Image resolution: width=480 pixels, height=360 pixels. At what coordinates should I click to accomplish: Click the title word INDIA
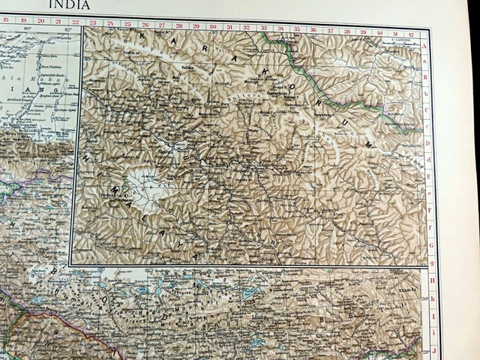(x=70, y=5)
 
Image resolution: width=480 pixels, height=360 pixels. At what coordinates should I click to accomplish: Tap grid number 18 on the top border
(x=6, y=22)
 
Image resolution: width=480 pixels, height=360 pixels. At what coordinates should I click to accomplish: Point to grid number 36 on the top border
(x=312, y=30)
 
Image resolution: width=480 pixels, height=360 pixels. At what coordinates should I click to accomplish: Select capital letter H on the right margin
(x=433, y=278)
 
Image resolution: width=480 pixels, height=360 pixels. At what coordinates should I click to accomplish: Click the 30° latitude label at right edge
(x=425, y=298)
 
